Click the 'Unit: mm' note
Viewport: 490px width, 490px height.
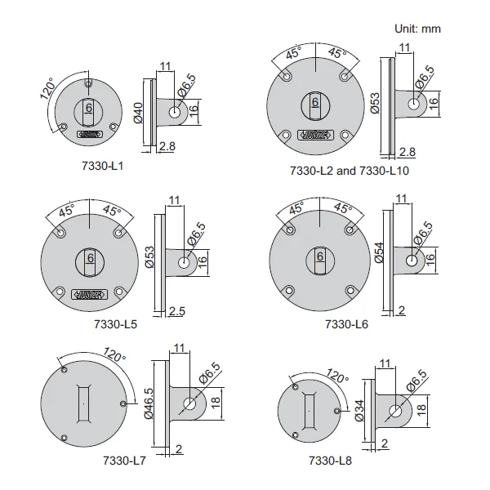[x=418, y=29]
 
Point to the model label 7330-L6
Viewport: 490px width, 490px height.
[x=345, y=323]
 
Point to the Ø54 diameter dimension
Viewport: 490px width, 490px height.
[x=379, y=255]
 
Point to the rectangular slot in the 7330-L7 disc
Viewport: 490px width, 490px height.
[x=83, y=403]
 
